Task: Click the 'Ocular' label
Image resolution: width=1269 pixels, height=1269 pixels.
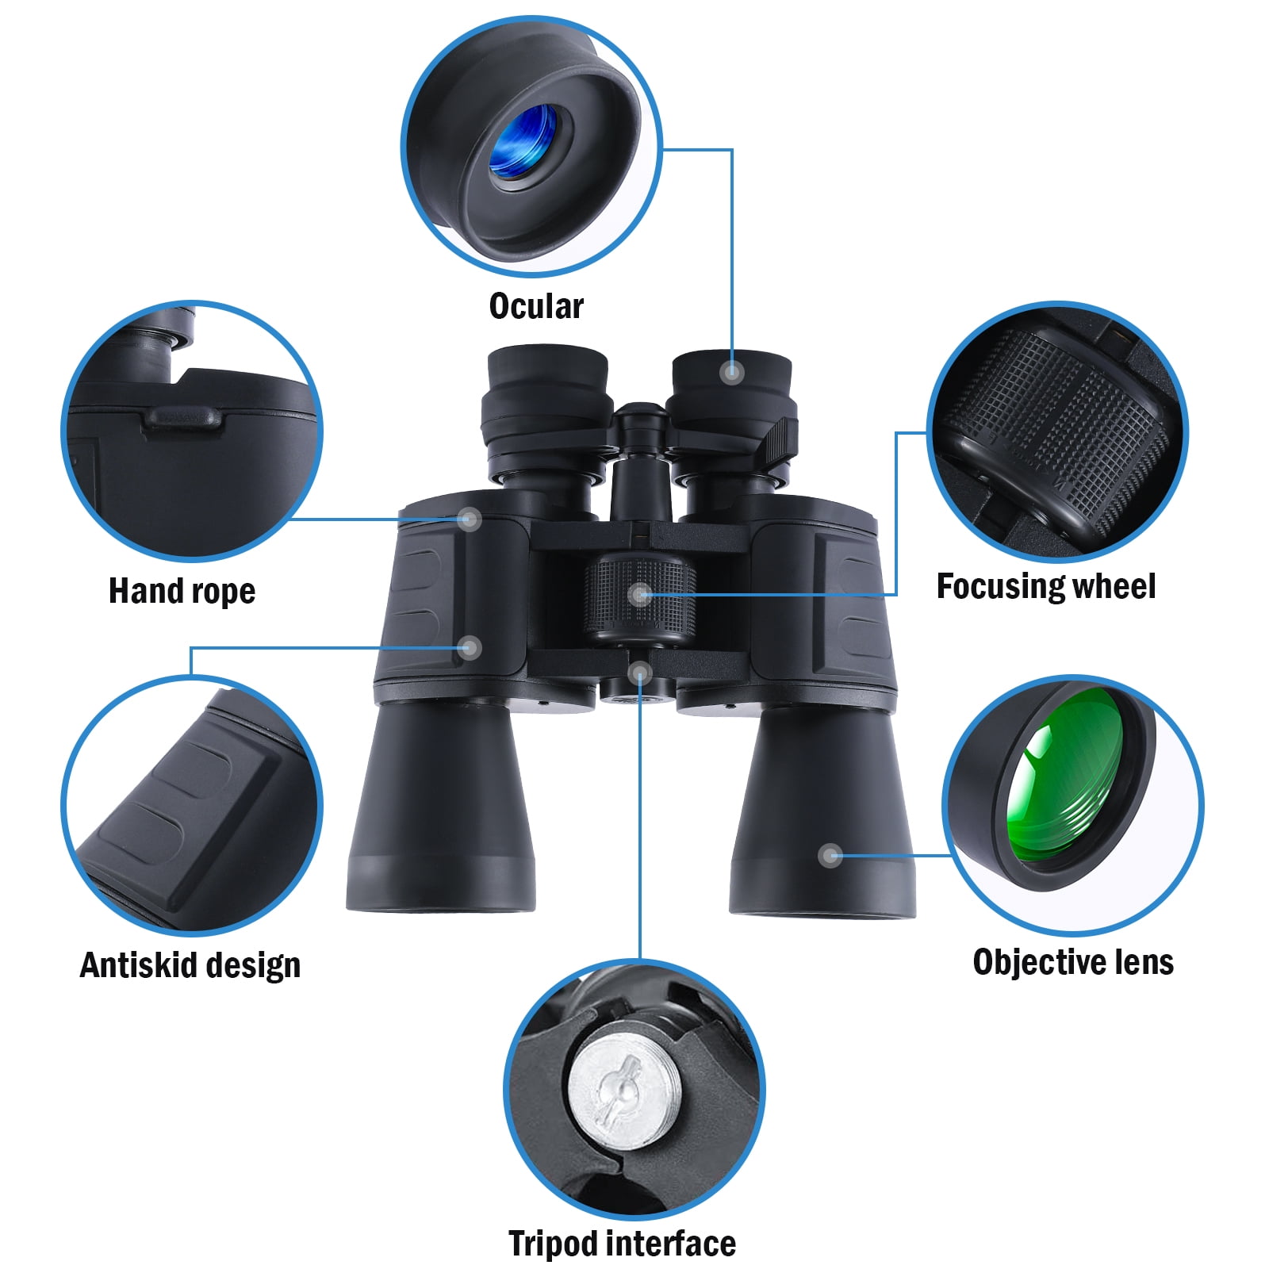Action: (x=536, y=306)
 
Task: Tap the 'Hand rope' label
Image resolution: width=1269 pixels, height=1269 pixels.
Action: (x=182, y=592)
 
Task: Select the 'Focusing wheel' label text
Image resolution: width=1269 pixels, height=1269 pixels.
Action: (x=1046, y=587)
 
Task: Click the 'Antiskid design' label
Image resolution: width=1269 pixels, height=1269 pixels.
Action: (x=190, y=966)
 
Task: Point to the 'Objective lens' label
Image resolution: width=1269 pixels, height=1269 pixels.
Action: (x=1073, y=962)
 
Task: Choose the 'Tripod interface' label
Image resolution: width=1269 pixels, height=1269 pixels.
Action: (x=622, y=1244)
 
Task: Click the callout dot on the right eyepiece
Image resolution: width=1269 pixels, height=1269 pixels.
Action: (x=731, y=371)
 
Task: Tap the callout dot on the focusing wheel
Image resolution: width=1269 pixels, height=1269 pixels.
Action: (x=639, y=594)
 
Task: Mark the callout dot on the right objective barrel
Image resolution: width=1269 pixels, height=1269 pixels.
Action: (x=830, y=855)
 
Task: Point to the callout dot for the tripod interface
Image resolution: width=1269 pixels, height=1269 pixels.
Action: (x=639, y=673)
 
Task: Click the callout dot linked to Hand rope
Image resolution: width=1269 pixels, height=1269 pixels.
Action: (x=470, y=519)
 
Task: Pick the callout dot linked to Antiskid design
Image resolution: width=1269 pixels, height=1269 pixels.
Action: (x=470, y=648)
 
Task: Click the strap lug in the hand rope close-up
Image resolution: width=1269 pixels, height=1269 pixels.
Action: (x=181, y=417)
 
